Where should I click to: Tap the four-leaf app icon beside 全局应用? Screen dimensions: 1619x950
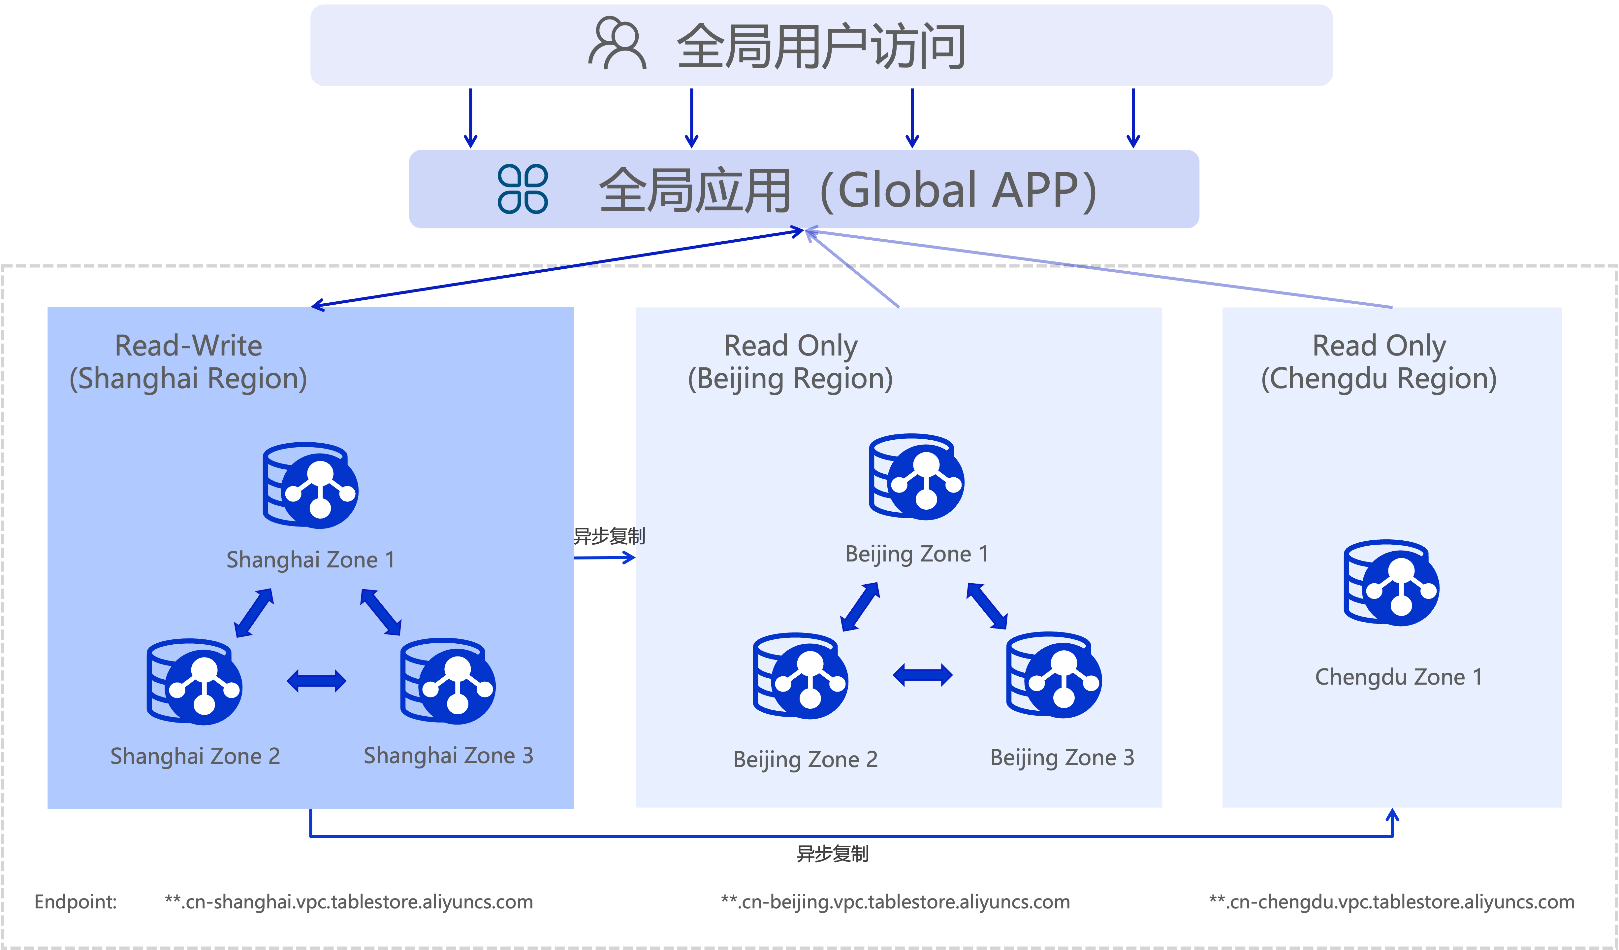(523, 189)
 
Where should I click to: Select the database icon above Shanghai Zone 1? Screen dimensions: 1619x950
(310, 485)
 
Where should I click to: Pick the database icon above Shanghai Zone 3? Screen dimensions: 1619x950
(448, 681)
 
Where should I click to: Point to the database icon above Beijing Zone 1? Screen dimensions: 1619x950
(916, 477)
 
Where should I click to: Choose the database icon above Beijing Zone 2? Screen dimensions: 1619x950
(801, 676)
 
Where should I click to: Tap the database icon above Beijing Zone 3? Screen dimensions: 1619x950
(1054, 675)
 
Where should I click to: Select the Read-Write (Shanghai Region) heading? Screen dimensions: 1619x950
(188, 362)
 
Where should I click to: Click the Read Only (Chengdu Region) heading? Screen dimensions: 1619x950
(1379, 362)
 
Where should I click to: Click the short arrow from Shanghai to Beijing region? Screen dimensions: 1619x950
(604, 558)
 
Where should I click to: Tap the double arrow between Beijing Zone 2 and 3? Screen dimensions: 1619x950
(923, 675)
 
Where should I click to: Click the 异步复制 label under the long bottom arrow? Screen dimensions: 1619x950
(833, 854)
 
